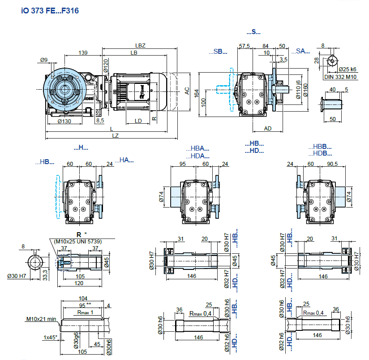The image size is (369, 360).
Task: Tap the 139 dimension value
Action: pyautogui.click(x=83, y=53)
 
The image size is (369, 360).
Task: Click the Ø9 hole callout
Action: pyautogui.click(x=43, y=60)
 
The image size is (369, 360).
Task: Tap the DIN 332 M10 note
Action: pyautogui.click(x=341, y=77)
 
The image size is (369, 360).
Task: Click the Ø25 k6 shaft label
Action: pyautogui.click(x=347, y=69)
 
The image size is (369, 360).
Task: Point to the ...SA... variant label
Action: pyautogui.click(x=303, y=52)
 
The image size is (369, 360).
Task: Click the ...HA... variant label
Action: pyautogui.click(x=126, y=160)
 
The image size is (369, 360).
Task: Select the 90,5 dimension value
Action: pyautogui.click(x=332, y=164)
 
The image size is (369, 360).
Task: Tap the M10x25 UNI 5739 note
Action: pyautogui.click(x=78, y=242)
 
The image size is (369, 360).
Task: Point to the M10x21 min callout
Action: pyautogui.click(x=41, y=319)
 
